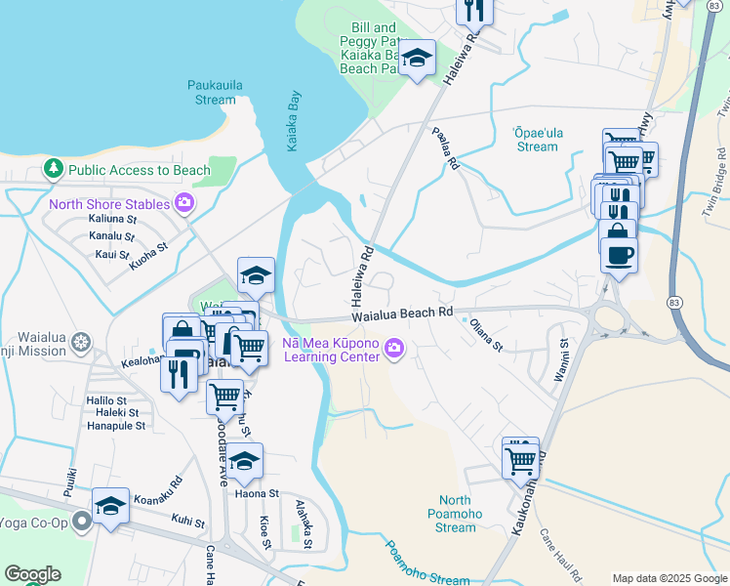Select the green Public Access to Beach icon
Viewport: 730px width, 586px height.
(53, 170)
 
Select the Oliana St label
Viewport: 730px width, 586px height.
(485, 334)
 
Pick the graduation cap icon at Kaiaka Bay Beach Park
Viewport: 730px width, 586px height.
(417, 60)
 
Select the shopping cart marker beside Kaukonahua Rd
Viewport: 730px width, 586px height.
(521, 459)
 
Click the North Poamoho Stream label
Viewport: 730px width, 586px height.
(455, 514)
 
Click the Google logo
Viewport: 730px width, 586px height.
(32, 574)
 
